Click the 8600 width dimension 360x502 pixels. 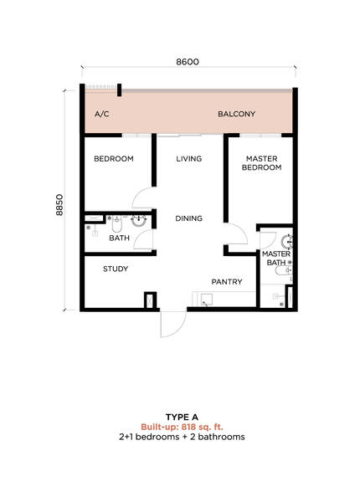pyautogui.click(x=188, y=62)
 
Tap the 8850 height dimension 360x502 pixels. pyautogui.click(x=59, y=205)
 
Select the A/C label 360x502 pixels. pyautogui.click(x=102, y=114)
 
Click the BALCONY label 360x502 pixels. pyautogui.click(x=236, y=114)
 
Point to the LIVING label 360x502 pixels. pyautogui.click(x=189, y=158)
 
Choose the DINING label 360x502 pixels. pyautogui.click(x=188, y=218)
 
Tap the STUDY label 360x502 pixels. pyautogui.click(x=116, y=269)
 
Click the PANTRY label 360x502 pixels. pyautogui.click(x=227, y=282)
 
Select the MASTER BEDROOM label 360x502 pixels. pyautogui.click(x=262, y=163)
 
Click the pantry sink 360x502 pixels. pyautogui.click(x=207, y=300)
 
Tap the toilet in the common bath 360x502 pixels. pyautogui.click(x=117, y=224)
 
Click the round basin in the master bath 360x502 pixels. pyautogui.click(x=287, y=242)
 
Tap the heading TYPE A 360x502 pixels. pyautogui.click(x=182, y=417)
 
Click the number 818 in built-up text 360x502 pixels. pyautogui.click(x=188, y=427)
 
